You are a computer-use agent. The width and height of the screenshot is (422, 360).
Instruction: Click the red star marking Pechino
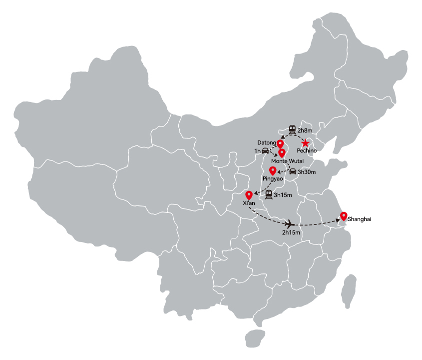click(305, 143)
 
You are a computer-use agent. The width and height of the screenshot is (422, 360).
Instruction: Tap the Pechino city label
click(307, 150)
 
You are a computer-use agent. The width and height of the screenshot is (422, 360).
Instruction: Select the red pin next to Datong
click(280, 144)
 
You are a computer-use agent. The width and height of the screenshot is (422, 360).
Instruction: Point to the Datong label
click(267, 143)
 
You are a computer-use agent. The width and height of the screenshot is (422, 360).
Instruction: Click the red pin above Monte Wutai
click(282, 153)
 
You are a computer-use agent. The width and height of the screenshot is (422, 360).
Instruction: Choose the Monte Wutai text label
click(288, 161)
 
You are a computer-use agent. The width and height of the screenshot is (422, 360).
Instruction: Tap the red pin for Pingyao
click(273, 171)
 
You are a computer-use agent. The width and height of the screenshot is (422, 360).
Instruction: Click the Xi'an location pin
click(249, 195)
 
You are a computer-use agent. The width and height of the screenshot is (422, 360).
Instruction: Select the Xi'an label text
click(249, 203)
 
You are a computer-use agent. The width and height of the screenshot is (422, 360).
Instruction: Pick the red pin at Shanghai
click(344, 216)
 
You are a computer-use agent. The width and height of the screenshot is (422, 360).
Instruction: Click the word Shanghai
click(359, 219)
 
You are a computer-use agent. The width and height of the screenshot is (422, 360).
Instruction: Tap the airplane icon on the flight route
click(289, 223)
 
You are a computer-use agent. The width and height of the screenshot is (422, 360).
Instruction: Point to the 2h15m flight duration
click(291, 232)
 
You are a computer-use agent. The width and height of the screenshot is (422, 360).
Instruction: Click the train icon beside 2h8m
click(292, 129)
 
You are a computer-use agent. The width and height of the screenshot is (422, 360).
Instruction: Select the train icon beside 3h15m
click(269, 194)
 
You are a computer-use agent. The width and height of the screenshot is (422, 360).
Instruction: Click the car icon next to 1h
click(265, 150)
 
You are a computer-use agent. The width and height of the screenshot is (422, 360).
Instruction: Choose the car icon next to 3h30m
click(293, 171)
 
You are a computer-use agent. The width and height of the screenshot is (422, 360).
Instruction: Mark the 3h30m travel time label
click(307, 172)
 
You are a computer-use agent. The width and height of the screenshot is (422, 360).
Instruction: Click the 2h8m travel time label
click(305, 130)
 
